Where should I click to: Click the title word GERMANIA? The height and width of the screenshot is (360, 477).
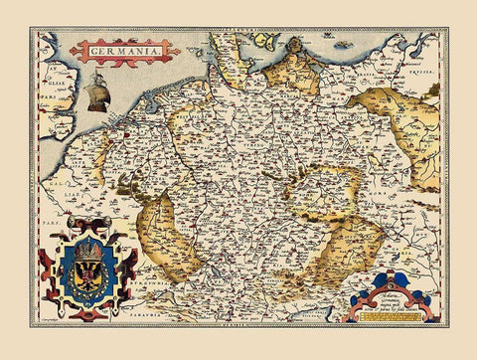[x=124, y=50]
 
